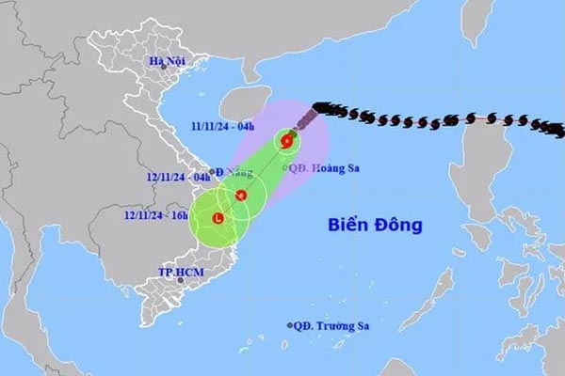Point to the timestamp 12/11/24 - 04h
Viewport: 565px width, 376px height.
[180, 177]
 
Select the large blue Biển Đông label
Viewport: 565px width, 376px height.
[376, 226]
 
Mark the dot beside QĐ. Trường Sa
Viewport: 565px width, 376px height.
[290, 326]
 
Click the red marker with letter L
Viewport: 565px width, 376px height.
[218, 218]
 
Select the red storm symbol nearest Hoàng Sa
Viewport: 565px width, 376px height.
[286, 142]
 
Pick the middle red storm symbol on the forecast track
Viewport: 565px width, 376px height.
[241, 196]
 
